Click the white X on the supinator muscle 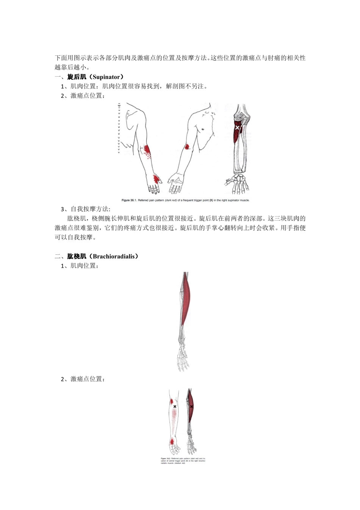[237, 128]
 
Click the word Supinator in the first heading [106, 77]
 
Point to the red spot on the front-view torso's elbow [187, 147]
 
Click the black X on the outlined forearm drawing [175, 406]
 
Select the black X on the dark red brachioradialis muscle [191, 406]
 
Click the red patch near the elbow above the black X [172, 401]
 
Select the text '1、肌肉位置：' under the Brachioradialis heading [80, 266]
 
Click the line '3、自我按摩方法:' [85, 209]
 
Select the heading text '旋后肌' [77, 77]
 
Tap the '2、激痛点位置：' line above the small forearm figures [83, 379]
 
